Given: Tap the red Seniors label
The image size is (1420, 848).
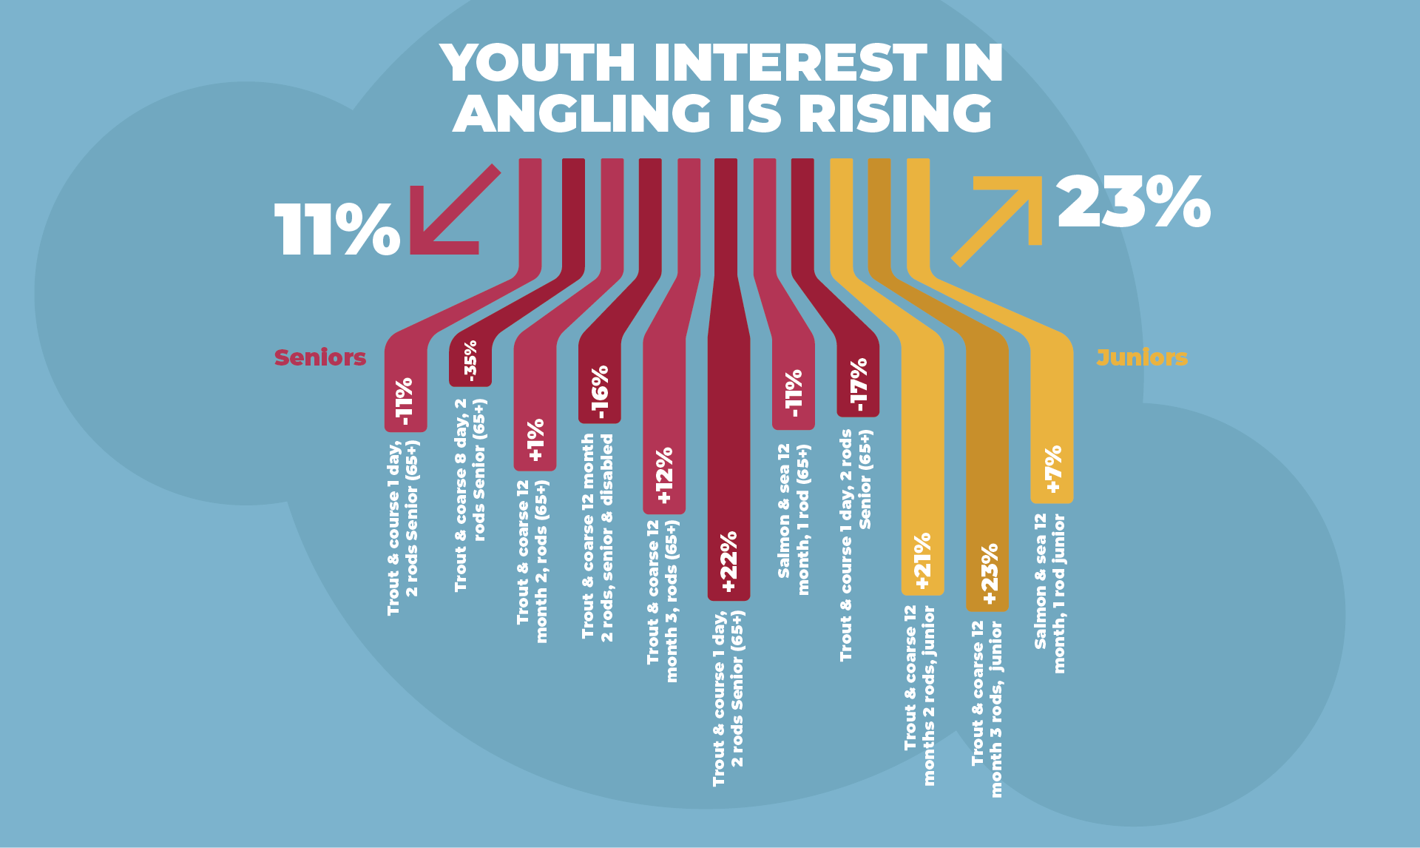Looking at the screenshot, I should (319, 357).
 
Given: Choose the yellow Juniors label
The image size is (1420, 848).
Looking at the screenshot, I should (1141, 357).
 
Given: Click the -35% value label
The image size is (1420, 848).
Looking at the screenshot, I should (470, 361).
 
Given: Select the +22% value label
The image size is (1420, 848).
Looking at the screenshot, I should (728, 562).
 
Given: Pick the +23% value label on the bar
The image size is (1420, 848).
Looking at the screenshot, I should (989, 574).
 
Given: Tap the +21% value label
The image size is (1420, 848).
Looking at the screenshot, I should (922, 561).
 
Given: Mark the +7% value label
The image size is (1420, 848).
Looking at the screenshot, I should (1052, 469).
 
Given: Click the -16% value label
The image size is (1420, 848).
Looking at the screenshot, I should (599, 392).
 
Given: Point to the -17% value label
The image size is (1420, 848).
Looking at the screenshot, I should (858, 385).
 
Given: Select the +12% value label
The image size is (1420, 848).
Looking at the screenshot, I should (664, 475).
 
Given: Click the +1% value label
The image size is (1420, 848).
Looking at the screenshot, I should (535, 440).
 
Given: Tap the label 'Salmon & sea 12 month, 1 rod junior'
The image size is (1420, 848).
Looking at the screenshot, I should (1050, 593).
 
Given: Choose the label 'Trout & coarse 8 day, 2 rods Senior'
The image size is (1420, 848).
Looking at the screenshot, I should (470, 495).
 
